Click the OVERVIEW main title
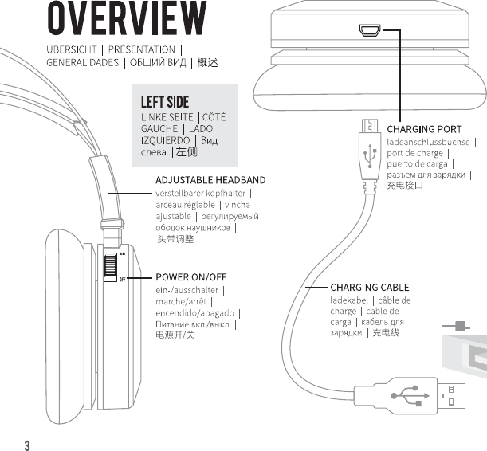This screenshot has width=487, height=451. pyautogui.click(x=126, y=20)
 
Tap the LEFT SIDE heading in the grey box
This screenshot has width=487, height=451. pyautogui.click(x=165, y=103)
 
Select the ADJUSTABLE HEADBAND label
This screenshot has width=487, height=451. pyautogui.click(x=210, y=180)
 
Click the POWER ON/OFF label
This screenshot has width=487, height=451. pyautogui.click(x=191, y=278)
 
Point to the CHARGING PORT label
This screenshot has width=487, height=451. pyautogui.click(x=424, y=129)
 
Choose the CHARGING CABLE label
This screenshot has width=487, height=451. pyautogui.click(x=370, y=287)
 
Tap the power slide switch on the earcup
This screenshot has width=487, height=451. pyautogui.click(x=111, y=267)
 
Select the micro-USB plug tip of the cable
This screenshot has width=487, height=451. pyautogui.click(x=368, y=126)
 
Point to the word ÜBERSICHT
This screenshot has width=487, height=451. pyautogui.click(x=72, y=49)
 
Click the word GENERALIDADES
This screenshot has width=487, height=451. pyautogui.click(x=82, y=62)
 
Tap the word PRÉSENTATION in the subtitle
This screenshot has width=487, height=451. pyautogui.click(x=141, y=49)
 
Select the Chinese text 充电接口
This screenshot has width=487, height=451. pyautogui.click(x=405, y=186)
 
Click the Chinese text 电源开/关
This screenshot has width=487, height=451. pyautogui.click(x=175, y=335)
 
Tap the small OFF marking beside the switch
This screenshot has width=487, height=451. pyautogui.click(x=123, y=280)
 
